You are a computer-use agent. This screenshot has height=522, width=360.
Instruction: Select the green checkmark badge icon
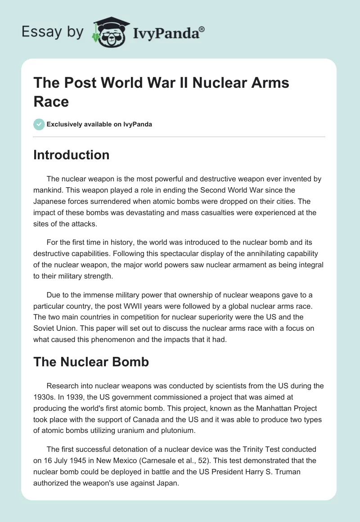(x=39, y=124)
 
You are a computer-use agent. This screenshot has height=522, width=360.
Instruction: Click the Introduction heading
(x=72, y=155)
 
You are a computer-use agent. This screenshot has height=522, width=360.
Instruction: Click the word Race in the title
(x=51, y=102)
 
